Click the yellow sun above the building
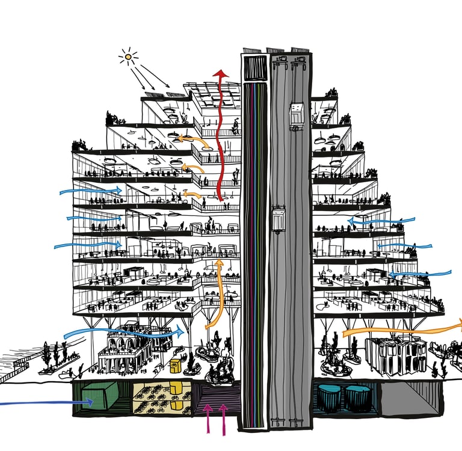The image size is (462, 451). pyautogui.click(x=128, y=58)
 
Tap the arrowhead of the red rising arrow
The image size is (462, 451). pyautogui.click(x=221, y=74)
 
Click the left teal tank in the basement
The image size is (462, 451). pyautogui.click(x=330, y=397)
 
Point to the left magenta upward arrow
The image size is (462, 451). pyautogui.click(x=208, y=415)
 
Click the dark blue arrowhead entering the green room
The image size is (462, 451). pyautogui.click(x=90, y=402)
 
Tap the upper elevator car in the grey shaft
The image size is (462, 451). pyautogui.click(x=297, y=117)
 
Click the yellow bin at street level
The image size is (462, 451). pyautogui.click(x=176, y=366)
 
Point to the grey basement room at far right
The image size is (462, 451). pyautogui.click(x=409, y=397)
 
